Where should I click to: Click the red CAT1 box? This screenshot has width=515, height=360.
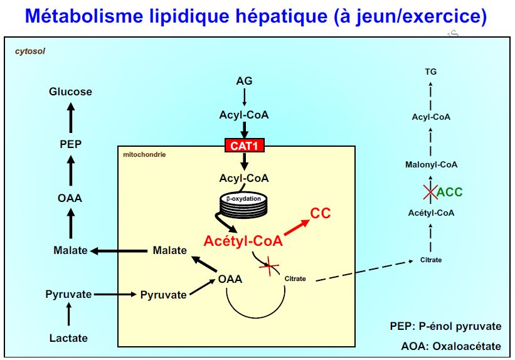coord(244,146)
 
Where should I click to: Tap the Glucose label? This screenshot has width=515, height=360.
coord(70,92)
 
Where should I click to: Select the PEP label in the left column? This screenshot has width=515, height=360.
coord(70,144)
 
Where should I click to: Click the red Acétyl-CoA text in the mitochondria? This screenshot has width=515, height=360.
coord(243,241)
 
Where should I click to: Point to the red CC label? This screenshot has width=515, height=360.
coord(321,214)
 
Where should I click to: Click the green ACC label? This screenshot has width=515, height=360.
coord(450,192)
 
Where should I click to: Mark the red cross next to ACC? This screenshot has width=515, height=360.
coord(430,192)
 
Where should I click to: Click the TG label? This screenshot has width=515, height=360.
coord(430,72)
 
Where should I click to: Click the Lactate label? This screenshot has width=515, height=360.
coord(68,338)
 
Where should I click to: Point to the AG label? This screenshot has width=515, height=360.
coord(244,81)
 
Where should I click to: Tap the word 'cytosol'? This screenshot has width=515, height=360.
coord(30,50)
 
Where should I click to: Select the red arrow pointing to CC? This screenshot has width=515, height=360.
coord(295,228)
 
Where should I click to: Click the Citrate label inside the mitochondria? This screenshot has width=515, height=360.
coord(295,278)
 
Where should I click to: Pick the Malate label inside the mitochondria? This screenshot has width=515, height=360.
coord(169,251)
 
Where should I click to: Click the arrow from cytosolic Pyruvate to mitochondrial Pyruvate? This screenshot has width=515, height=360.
coord(115,294)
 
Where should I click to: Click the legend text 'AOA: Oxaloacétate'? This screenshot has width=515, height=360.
coord(450,346)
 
